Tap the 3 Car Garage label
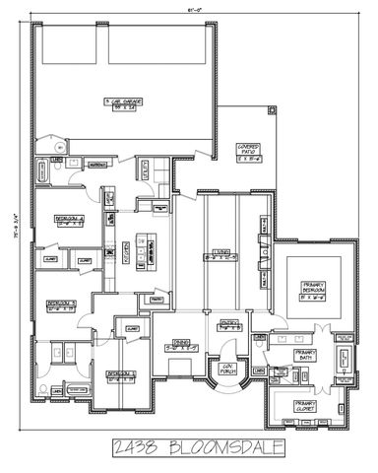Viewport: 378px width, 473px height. point(122,102)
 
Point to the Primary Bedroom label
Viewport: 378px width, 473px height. point(313,288)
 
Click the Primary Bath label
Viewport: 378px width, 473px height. point(306,359)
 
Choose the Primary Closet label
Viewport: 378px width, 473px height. point(306,404)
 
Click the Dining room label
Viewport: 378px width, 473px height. point(172,346)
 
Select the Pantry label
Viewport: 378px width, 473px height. point(155,299)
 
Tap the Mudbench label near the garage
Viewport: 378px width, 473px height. point(97,166)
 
